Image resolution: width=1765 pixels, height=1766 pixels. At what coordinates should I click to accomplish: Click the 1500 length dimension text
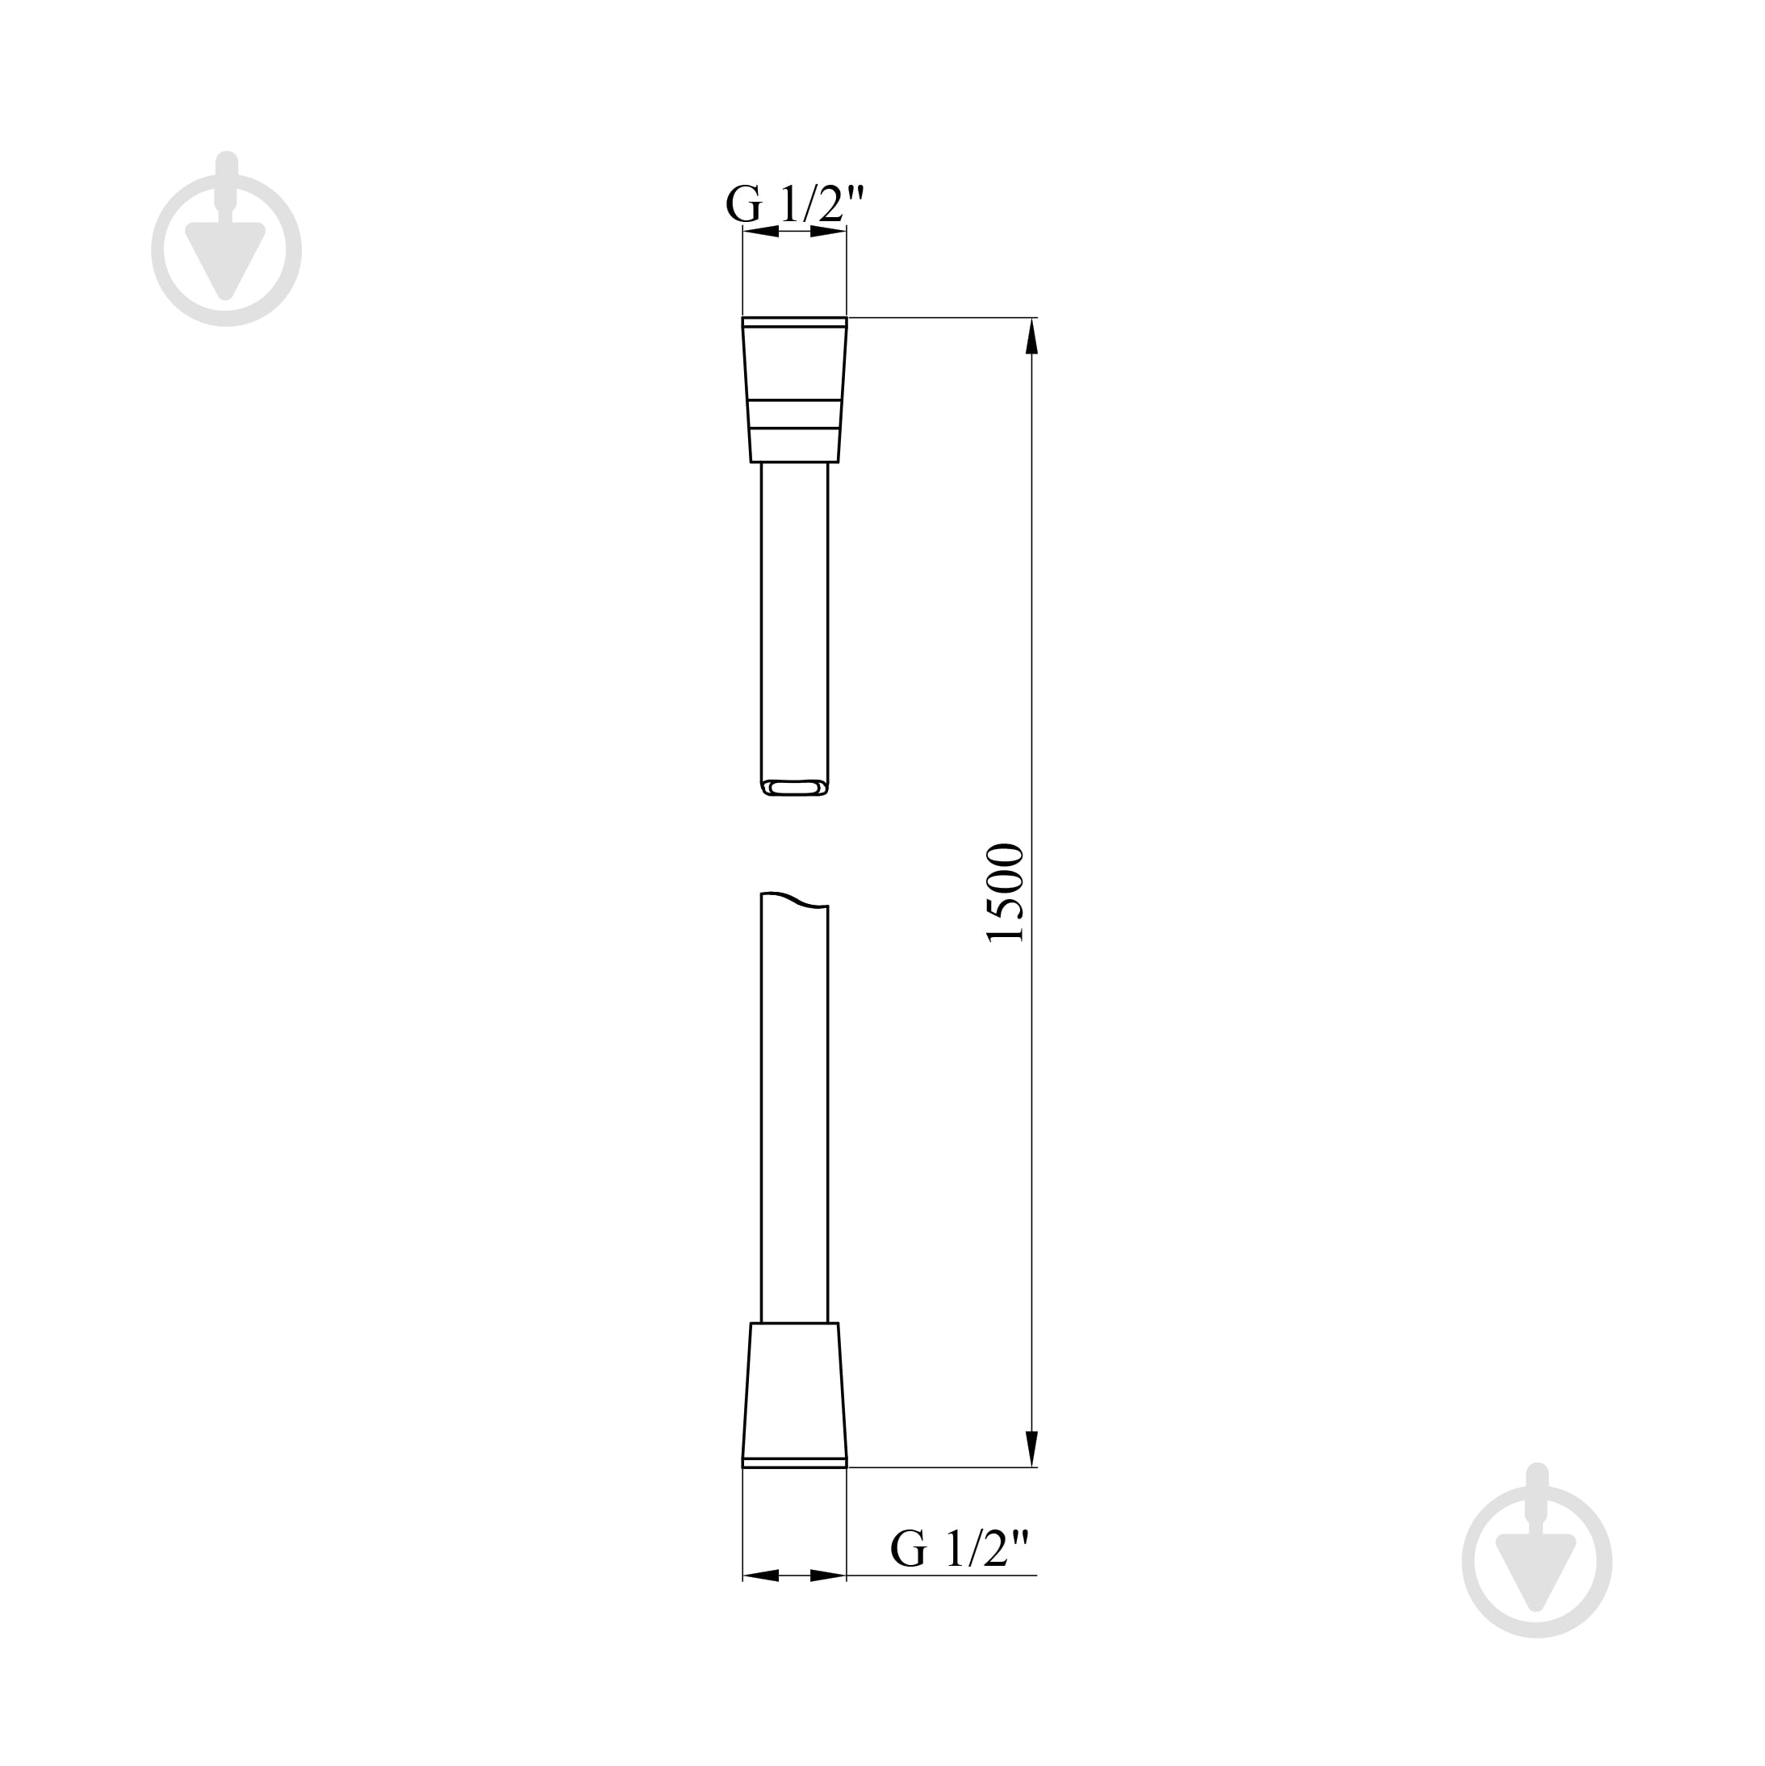tap(1006, 893)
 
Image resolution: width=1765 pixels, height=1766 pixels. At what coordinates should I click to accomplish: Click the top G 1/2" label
tap(794, 204)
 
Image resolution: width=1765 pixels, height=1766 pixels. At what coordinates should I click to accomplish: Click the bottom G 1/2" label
tap(959, 1548)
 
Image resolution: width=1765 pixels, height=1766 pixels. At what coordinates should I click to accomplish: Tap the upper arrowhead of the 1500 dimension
tap(1032, 336)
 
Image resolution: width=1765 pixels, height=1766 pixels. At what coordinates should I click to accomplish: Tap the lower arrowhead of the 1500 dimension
tap(1032, 1448)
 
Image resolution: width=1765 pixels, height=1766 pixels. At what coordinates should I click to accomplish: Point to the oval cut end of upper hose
tap(794, 787)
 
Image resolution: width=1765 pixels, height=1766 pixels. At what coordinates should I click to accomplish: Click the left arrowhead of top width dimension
tap(760, 232)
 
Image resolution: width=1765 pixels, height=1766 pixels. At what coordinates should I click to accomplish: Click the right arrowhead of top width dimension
tap(828, 232)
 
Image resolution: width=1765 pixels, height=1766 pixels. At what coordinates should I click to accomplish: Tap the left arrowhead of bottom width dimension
tap(760, 1576)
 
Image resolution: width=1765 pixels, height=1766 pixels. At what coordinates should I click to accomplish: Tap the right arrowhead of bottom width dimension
tap(828, 1576)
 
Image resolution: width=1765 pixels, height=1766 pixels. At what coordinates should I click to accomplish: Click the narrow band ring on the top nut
tap(794, 414)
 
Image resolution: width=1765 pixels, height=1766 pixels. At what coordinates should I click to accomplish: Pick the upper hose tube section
tap(794, 621)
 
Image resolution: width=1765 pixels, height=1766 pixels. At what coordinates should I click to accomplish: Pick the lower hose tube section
tap(794, 1115)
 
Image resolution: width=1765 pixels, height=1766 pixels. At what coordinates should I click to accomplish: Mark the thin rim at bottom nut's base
tap(794, 1463)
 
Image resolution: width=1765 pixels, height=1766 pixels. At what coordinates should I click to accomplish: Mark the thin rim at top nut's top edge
tap(794, 322)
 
